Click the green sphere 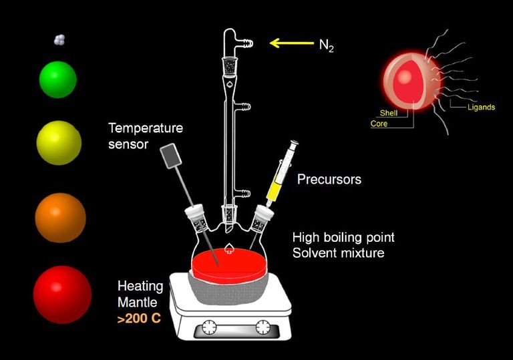[58, 79]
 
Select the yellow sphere [59, 143]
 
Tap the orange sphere [61, 218]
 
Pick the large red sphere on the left [62, 295]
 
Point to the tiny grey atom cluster [59, 39]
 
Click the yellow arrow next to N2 [291, 43]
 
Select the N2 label [326, 45]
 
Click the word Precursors [329, 180]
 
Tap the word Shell [389, 113]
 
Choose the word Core [379, 124]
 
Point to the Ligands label [481, 108]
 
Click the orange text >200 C [139, 318]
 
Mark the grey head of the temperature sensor [171, 156]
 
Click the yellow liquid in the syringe [274, 192]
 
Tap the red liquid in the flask [230, 264]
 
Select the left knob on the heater [209, 327]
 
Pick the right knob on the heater [263, 327]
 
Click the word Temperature [146, 128]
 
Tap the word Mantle [138, 302]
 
